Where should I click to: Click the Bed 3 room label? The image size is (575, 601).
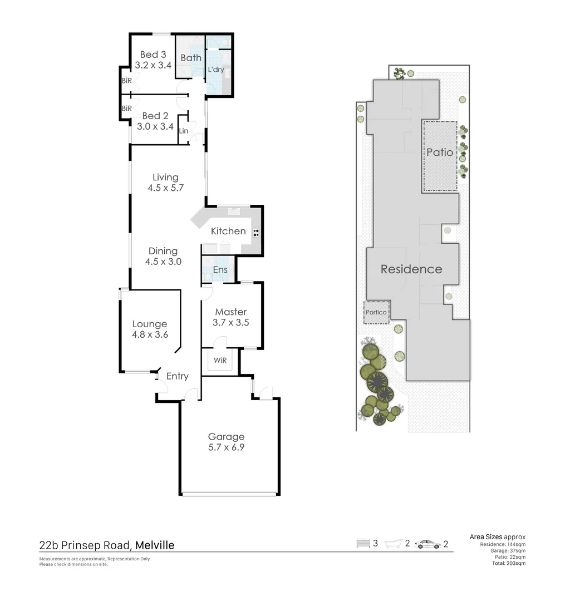[x=153, y=55]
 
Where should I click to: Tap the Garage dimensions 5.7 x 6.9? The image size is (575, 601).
[x=226, y=447]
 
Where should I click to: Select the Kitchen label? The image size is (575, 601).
[x=228, y=231]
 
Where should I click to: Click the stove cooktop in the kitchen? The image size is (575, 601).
[x=256, y=232]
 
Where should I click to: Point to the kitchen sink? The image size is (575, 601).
[x=234, y=211]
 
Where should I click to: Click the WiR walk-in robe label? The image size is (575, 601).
[x=220, y=361]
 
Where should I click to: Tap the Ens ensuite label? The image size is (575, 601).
[x=220, y=270]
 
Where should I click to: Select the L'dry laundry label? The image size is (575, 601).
[x=216, y=70]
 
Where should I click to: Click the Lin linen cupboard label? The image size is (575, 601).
[x=183, y=131]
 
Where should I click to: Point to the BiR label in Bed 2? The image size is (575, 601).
[x=126, y=109]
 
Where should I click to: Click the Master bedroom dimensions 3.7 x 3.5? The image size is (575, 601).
[x=231, y=322]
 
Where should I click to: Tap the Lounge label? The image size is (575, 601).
[x=149, y=324]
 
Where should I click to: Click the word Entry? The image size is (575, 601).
[x=178, y=376]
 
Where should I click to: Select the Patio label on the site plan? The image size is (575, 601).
[x=440, y=152]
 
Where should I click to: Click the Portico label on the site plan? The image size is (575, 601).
[x=376, y=312]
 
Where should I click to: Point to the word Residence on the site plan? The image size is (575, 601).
[x=411, y=269]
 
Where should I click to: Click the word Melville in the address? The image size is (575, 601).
[x=155, y=545]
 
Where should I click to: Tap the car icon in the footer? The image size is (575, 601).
[x=428, y=544]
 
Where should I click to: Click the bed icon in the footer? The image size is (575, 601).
[x=363, y=544]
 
